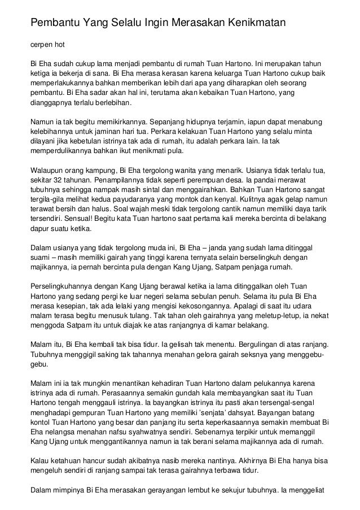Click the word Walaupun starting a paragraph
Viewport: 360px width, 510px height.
tap(48, 170)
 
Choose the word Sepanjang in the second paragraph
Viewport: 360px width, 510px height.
tap(171, 120)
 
